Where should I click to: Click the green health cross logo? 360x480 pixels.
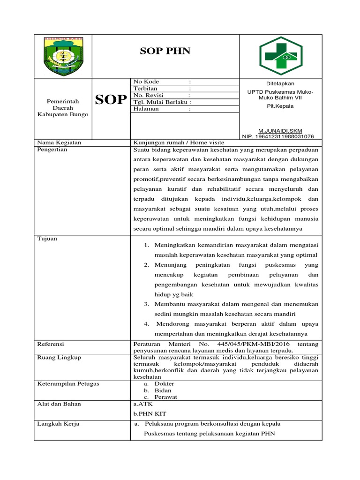[x=281, y=56]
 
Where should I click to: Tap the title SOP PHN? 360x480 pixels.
[x=165, y=51]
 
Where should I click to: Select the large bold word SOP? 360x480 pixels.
[x=111, y=99]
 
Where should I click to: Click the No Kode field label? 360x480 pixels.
[x=146, y=82]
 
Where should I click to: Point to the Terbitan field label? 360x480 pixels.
[x=145, y=88]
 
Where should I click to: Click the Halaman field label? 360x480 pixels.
[x=146, y=109]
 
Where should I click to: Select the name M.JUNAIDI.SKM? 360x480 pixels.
[x=281, y=130]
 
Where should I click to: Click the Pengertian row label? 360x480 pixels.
[x=52, y=150]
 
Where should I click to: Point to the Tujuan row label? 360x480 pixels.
[x=47, y=239]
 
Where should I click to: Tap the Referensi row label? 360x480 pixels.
[x=51, y=344]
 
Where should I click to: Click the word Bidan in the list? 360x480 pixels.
[x=163, y=390]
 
